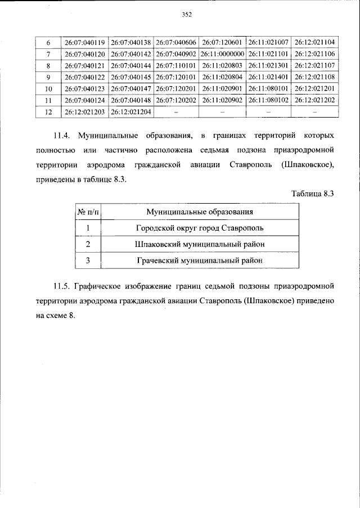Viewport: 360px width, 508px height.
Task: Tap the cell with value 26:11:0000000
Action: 222,54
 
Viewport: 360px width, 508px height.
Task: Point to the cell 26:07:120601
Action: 222,42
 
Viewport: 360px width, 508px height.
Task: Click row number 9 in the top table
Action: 48,77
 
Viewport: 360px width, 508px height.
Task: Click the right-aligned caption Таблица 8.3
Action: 313,194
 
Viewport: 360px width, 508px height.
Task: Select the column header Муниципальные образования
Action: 199,212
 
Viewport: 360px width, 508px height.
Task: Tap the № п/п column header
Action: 88,212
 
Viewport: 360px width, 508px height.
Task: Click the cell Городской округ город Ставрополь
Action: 199,228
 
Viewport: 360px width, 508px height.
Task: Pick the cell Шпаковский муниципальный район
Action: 199,244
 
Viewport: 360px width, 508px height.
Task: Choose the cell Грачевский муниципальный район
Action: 199,260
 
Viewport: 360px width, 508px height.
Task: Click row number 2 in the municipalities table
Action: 88,244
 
